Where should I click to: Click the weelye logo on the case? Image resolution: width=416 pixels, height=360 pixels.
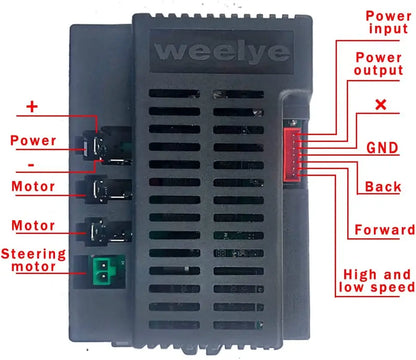coord(222,52)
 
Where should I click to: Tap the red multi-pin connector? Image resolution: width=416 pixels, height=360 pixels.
coord(292,154)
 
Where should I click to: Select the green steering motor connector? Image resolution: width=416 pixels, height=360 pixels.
coord(104,271)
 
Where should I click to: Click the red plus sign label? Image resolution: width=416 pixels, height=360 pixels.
coord(32,107)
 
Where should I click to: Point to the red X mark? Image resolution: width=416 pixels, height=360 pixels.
coord(381,104)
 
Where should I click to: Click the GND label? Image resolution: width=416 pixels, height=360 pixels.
coord(382,148)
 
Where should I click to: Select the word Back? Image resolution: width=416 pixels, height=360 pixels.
coord(383,187)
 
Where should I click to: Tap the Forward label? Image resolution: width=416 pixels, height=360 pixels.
coord(385,230)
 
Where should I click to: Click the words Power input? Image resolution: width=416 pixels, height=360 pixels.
coord(388,22)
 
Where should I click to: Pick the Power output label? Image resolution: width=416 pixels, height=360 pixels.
coord(379,64)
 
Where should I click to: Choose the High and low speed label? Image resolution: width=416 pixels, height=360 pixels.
coord(377,281)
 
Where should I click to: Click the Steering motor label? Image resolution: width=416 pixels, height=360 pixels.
coord(33,260)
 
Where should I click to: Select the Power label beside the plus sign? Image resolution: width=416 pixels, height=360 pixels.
coord(33,140)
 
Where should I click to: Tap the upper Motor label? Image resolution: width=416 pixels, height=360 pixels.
coord(33,186)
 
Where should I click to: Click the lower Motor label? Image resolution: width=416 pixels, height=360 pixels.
coord(33,226)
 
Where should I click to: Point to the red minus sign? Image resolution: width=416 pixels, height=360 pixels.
coord(31,165)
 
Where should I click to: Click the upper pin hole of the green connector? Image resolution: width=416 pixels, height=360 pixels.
coord(104,266)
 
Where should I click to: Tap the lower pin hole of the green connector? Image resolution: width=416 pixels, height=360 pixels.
coord(104,276)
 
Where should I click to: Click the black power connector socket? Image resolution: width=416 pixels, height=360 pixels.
coord(106,146)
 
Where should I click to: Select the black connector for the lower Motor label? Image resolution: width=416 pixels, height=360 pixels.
coord(106,231)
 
